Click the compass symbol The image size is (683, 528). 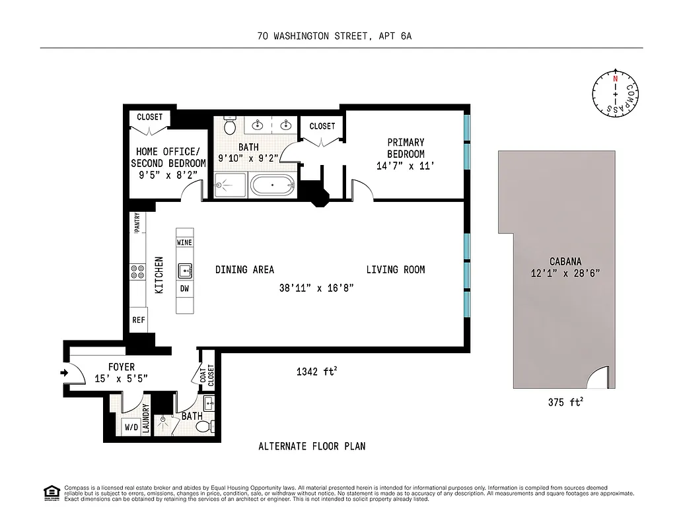click(x=616, y=95)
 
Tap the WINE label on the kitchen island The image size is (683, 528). click(x=185, y=242)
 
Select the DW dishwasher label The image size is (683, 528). click(x=185, y=288)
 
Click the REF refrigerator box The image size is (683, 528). click(x=139, y=320)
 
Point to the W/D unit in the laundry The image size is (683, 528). click(x=131, y=428)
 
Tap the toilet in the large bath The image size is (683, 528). click(x=230, y=125)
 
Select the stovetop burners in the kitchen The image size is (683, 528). click(x=138, y=272)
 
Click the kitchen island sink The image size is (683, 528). click(x=185, y=270)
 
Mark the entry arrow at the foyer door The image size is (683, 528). click(x=64, y=373)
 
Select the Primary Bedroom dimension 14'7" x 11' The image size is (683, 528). click(x=406, y=166)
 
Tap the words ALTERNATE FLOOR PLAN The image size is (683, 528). click(x=312, y=446)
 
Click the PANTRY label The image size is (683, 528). click(x=137, y=222)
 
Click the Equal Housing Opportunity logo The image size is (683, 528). click(x=51, y=493)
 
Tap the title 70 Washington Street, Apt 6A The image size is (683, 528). click(x=335, y=37)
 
